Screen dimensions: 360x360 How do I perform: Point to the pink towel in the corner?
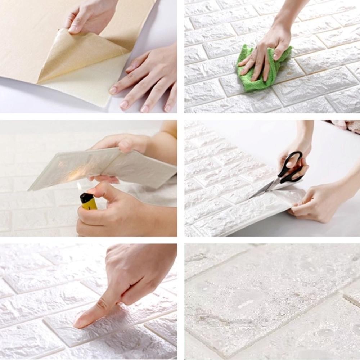346,125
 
